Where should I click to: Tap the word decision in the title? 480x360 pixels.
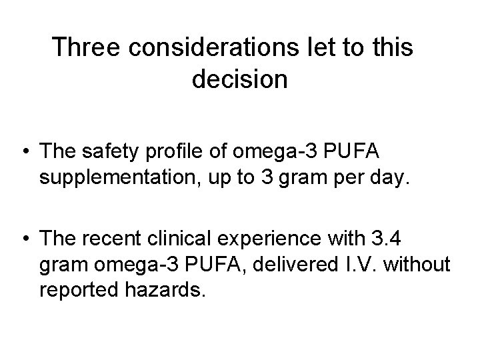point(239,80)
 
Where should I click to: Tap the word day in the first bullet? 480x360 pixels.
point(385,179)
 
